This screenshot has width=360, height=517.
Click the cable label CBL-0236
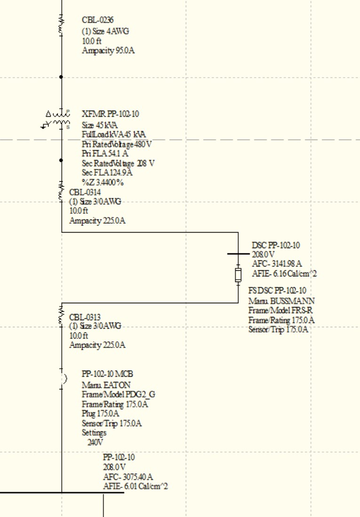click(x=97, y=20)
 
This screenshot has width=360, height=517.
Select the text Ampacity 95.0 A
click(x=108, y=50)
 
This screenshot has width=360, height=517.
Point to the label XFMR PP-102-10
click(x=110, y=114)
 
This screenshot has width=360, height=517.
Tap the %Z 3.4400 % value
click(x=103, y=182)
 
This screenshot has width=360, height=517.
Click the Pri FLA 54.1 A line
click(x=105, y=153)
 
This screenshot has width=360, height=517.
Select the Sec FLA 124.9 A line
click(x=107, y=173)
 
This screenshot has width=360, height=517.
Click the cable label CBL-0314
click(x=85, y=192)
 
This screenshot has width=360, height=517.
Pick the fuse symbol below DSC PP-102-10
click(x=238, y=275)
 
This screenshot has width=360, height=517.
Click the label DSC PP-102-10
click(x=276, y=245)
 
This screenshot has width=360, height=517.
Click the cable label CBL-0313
click(x=85, y=317)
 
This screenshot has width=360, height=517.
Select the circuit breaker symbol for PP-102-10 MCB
click(x=63, y=379)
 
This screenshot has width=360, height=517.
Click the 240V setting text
click(x=95, y=442)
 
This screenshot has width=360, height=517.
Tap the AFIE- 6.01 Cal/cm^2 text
click(x=135, y=486)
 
